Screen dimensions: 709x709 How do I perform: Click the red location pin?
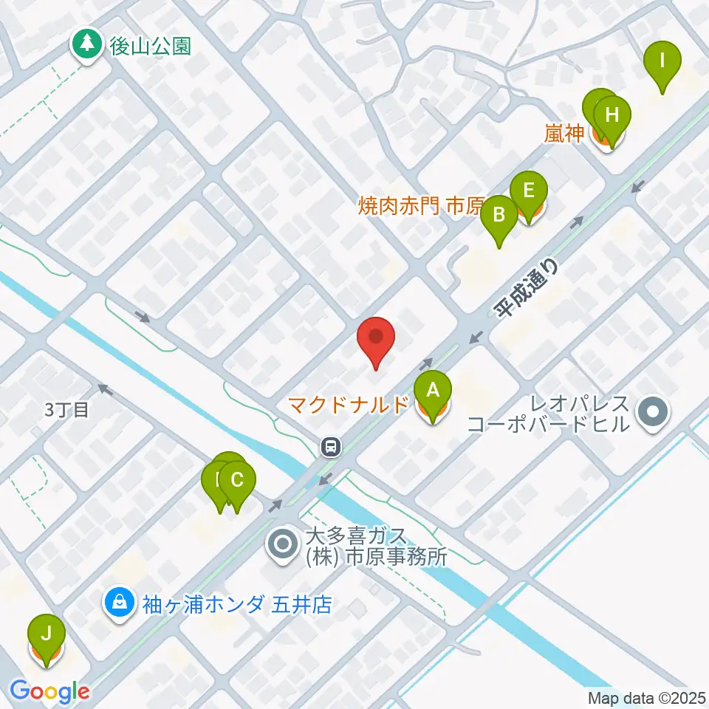pos(376,341)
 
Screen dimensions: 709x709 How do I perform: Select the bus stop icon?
pos(330,445)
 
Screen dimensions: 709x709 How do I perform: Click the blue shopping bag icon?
pos(118,604)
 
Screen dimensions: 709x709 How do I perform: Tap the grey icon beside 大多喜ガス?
pos(284,545)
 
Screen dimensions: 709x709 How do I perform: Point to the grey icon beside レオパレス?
pos(653,413)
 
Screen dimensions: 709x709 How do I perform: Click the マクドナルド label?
pos(348,405)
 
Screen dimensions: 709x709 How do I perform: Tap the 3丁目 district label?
pos(66,410)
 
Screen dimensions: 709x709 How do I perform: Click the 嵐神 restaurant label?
pos(566,134)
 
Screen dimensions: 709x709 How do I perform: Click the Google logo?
pos(49,691)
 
